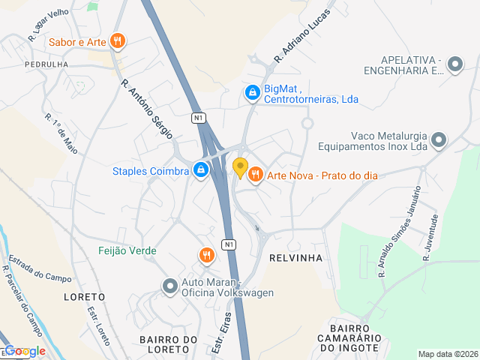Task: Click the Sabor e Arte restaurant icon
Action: pos(117,41)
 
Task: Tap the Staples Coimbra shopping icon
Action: pos(201,171)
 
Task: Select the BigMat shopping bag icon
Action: pos(253,92)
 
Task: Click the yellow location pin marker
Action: pos(240,167)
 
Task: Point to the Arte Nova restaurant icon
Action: pos(255,175)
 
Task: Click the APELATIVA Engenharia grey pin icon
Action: pos(454,65)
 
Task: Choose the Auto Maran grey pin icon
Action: pos(169,286)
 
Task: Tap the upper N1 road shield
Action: pos(198,118)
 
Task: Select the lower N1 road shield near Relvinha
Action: pos(229,244)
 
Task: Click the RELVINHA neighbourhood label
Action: pos(295,258)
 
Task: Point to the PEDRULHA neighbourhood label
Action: pos(46,64)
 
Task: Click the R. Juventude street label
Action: pos(430,237)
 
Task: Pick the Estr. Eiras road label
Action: pos(219,334)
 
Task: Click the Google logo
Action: pos(25,351)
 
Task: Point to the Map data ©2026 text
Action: pos(447,354)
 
